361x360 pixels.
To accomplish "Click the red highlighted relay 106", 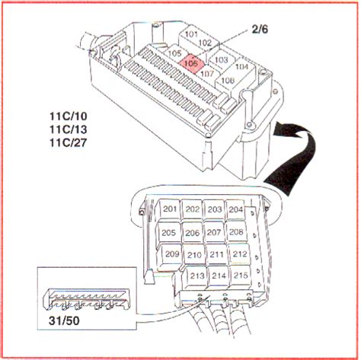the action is [x=191, y=62].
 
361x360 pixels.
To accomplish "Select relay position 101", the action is [x=191, y=35].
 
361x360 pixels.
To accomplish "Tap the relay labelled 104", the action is [x=241, y=67].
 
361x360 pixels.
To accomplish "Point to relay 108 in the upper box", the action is [x=228, y=81].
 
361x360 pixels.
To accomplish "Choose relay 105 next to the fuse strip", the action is [x=174, y=53].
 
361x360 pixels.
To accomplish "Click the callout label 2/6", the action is [x=260, y=30].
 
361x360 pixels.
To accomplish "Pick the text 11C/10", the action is [x=69, y=116].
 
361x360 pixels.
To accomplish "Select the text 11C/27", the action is [x=69, y=143].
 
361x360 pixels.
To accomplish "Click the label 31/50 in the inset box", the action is [x=64, y=321].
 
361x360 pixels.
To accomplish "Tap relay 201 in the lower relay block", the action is [x=170, y=209].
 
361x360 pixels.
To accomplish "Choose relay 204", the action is [x=236, y=209].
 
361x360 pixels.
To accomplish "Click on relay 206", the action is [x=192, y=233].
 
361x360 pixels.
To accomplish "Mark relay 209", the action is [x=172, y=254].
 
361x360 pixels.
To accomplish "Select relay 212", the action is [x=240, y=254].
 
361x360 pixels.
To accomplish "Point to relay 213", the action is [x=196, y=276].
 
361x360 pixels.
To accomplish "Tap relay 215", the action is [x=241, y=276].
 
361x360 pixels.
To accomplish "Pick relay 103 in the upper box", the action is [x=221, y=60].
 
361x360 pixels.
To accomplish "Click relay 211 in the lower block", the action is [x=216, y=254].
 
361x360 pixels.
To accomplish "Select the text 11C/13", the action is [x=69, y=129].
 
